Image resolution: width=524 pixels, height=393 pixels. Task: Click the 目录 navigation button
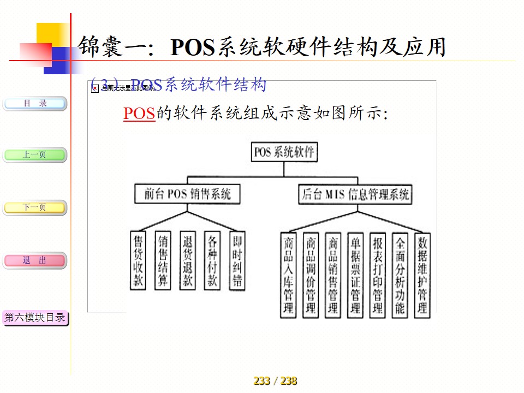tap(35, 103)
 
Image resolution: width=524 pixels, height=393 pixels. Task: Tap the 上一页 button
tap(35, 155)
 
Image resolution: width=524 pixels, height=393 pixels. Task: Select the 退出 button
tap(35, 261)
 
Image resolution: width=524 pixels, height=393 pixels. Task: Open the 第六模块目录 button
tap(35, 318)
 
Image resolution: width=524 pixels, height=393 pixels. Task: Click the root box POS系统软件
tap(284, 152)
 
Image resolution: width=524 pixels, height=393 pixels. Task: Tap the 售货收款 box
tap(139, 260)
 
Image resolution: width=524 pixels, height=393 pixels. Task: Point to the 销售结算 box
tap(163, 260)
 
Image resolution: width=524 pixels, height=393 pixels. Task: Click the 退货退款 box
tap(188, 260)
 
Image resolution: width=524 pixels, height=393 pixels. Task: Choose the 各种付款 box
tap(212, 260)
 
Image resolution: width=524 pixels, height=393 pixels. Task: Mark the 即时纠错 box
tap(237, 260)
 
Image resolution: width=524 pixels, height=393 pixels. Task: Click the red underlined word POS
tap(139, 114)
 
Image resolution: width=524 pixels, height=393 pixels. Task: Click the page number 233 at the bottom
tap(262, 381)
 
